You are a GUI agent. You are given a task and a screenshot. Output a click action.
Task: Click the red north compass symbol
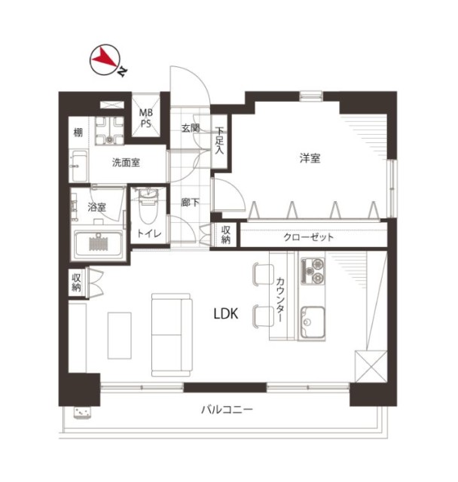[105, 59]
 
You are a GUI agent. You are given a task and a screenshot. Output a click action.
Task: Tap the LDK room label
[226, 314]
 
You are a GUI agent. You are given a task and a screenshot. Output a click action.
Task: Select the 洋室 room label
[310, 158]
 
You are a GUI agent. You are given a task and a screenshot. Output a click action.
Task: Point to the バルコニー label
[227, 410]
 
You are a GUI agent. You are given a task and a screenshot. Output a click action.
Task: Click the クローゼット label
[308, 237]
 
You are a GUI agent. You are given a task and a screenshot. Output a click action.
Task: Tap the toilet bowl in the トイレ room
[148, 206]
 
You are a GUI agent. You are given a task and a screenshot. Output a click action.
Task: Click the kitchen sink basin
[313, 322]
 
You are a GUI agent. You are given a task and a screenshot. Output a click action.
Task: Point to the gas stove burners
[313, 271]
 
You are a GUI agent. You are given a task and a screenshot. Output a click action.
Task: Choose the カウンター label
[279, 300]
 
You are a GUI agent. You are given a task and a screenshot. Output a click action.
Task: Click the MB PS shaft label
[145, 118]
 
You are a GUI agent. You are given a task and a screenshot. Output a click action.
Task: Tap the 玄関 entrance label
[191, 128]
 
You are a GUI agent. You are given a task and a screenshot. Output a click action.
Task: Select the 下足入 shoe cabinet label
[219, 141]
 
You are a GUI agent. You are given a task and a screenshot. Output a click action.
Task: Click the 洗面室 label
[126, 163]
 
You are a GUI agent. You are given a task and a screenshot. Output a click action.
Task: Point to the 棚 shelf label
[78, 133]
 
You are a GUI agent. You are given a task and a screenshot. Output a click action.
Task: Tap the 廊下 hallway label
[190, 203]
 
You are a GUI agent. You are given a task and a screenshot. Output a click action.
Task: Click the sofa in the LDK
[172, 334]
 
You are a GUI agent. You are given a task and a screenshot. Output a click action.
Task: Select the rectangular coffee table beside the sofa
[120, 335]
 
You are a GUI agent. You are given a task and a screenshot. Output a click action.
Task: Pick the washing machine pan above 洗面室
[109, 130]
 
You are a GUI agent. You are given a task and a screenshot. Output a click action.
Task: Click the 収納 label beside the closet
[226, 234]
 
